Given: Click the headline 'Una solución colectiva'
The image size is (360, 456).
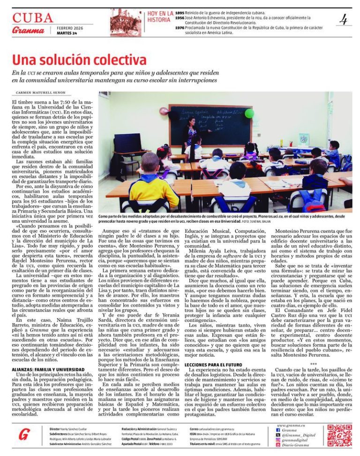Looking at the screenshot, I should click(79, 61).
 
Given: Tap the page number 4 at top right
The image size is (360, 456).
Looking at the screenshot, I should click(344, 20).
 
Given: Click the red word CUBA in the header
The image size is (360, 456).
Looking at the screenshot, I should click(32, 18).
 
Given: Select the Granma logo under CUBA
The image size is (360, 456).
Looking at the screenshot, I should click(29, 30).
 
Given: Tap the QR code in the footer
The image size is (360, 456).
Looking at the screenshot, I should click(339, 435).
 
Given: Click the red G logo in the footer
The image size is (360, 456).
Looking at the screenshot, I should click(24, 434).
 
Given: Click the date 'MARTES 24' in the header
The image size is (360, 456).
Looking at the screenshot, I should click(67, 33).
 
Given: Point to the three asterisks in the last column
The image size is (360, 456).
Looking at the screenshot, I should click(313, 364).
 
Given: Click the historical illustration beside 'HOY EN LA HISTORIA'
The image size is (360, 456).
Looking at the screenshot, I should click(126, 22).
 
